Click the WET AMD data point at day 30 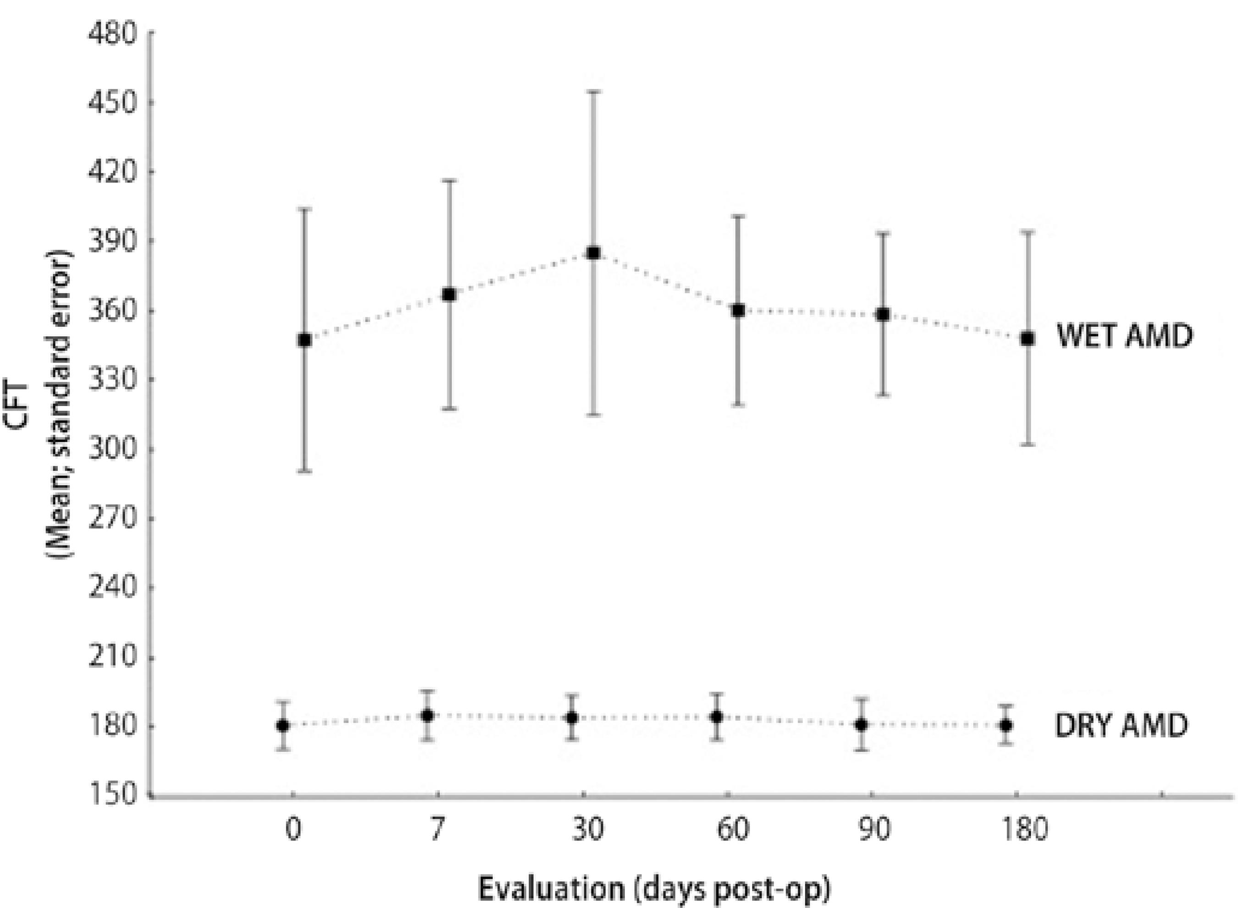(593, 253)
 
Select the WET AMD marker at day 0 (304, 340)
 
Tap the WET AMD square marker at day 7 (449, 295)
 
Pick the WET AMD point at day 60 (739, 311)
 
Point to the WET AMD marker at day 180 (1027, 339)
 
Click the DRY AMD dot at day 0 (283, 725)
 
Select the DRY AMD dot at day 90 (861, 724)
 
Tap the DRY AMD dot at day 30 (572, 718)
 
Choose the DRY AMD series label (1122, 726)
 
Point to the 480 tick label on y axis (112, 34)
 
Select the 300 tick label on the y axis (112, 449)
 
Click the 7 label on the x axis (437, 830)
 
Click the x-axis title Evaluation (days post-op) (653, 890)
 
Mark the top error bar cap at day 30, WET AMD (593, 91)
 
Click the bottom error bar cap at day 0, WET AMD (304, 472)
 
